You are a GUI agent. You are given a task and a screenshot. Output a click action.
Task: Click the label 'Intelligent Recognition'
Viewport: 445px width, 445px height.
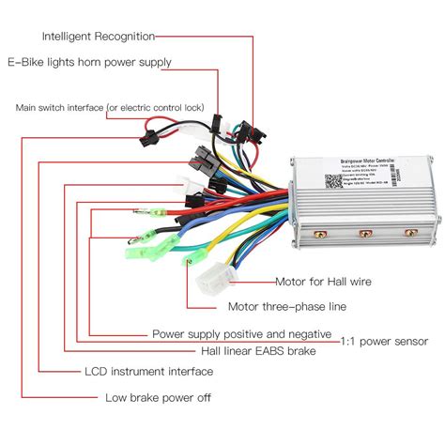(x=99, y=37)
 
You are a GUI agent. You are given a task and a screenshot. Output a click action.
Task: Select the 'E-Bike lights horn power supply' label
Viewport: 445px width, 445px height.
(x=90, y=63)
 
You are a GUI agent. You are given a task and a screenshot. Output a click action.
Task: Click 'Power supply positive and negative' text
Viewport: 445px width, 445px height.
(x=241, y=333)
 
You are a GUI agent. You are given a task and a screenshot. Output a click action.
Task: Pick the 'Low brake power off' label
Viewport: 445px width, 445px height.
(x=158, y=397)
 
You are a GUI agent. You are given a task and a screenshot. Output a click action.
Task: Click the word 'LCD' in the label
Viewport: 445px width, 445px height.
(x=97, y=371)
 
